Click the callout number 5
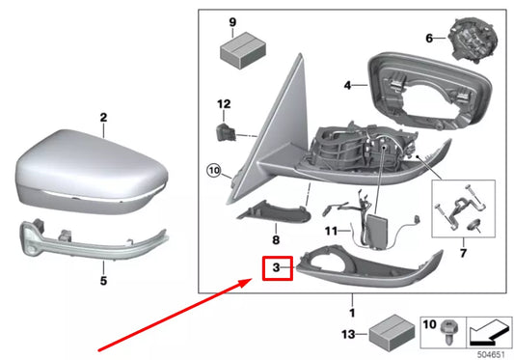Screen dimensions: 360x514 [x=103, y=282]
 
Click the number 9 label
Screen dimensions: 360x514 [x=232, y=21]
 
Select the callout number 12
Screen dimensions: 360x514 [x=223, y=103]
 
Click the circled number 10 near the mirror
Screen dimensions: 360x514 [x=215, y=173]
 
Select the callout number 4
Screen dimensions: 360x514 [x=348, y=85]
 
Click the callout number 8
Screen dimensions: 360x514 [x=275, y=238]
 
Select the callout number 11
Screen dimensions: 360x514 [x=329, y=232]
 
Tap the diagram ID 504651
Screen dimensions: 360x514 [x=490, y=353]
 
